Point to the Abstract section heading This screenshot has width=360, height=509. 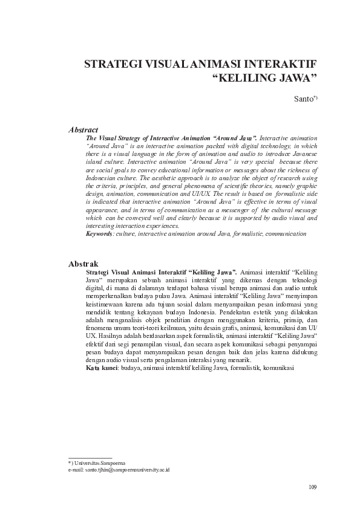[83, 129]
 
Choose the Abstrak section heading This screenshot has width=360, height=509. [83, 264]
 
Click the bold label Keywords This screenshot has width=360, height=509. [99, 233]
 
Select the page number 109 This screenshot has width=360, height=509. [312, 487]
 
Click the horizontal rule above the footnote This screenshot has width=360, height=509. [90, 458]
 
